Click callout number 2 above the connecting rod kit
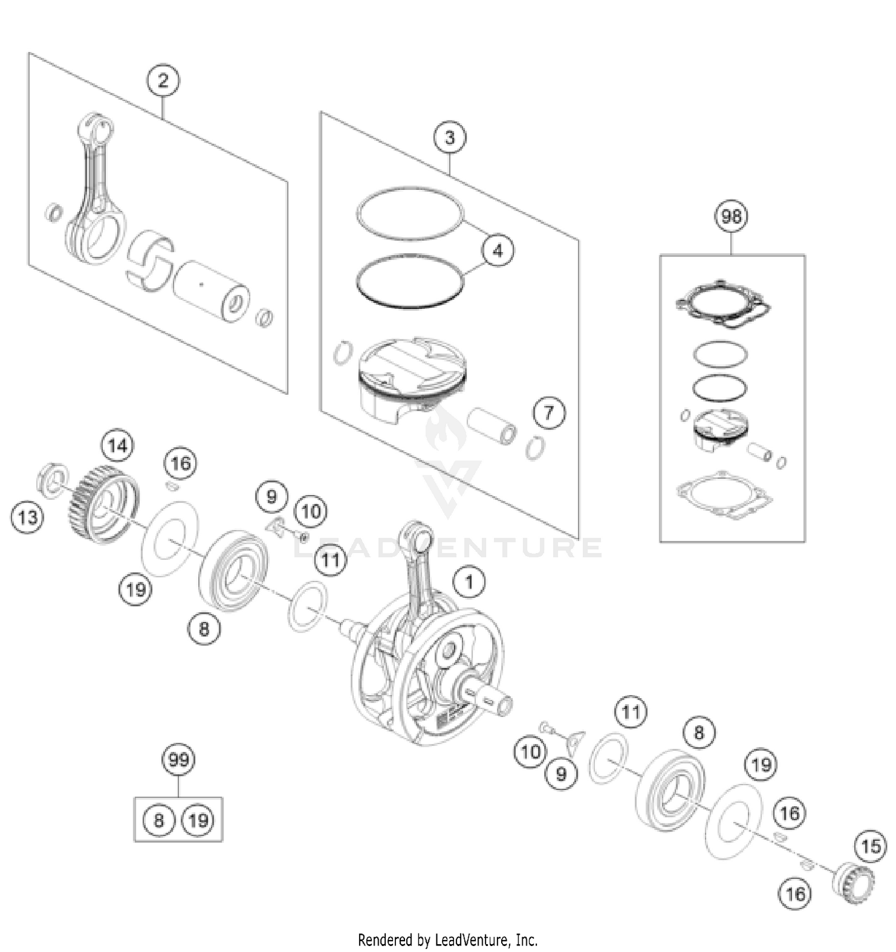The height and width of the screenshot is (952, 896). coord(163,81)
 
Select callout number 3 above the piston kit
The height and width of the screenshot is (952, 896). coord(450,138)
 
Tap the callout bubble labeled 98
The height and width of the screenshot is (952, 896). coord(731,216)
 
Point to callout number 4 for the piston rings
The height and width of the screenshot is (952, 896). coord(498,251)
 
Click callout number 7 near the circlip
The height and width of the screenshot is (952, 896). coord(548,412)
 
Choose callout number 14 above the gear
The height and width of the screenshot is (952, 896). coord(118,446)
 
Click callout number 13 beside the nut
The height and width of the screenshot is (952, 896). coord(27,517)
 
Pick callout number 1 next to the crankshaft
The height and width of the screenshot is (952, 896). coord(469,582)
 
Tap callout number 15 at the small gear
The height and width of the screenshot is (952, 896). coord(870,846)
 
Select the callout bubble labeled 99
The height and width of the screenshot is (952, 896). coord(179,760)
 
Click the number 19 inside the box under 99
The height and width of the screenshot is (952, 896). coord(198,820)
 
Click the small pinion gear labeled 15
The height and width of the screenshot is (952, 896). coord(854,880)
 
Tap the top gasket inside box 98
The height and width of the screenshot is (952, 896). coord(723,303)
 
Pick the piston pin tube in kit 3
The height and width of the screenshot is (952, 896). coord(492,426)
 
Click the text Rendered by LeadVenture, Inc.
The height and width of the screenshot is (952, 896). coord(447,940)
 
